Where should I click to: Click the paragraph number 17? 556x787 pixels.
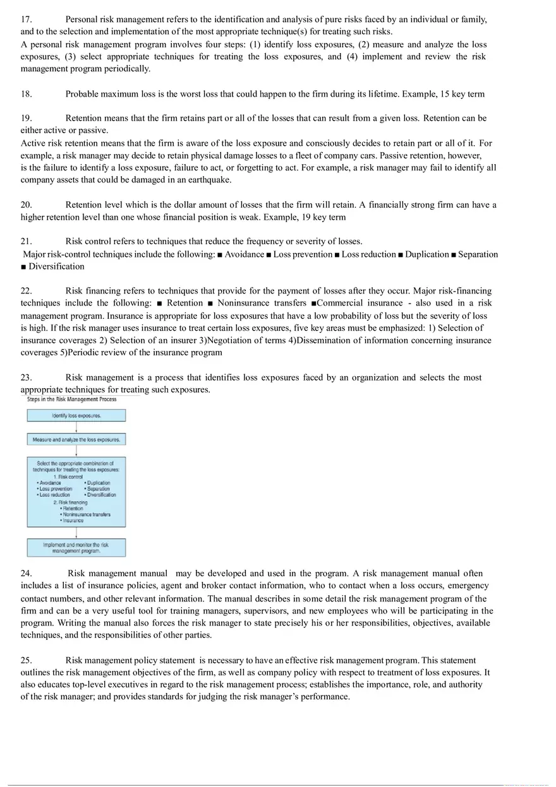pyautogui.click(x=26, y=20)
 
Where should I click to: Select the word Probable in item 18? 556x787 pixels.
pyautogui.click(x=83, y=94)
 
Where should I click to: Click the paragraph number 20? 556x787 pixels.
pyautogui.click(x=26, y=204)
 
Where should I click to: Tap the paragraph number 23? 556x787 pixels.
pyautogui.click(x=26, y=377)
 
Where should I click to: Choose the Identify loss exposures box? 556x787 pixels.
pyautogui.click(x=76, y=415)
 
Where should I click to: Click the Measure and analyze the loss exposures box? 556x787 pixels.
pyautogui.click(x=76, y=439)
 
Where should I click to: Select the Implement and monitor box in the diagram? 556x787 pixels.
pyautogui.click(x=76, y=547)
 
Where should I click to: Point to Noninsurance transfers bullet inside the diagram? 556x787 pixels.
pyautogui.click(x=87, y=514)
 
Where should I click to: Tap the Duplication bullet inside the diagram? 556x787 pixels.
pyautogui.click(x=99, y=483)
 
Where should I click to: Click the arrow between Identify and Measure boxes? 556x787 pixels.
pyautogui.click(x=76, y=427)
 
